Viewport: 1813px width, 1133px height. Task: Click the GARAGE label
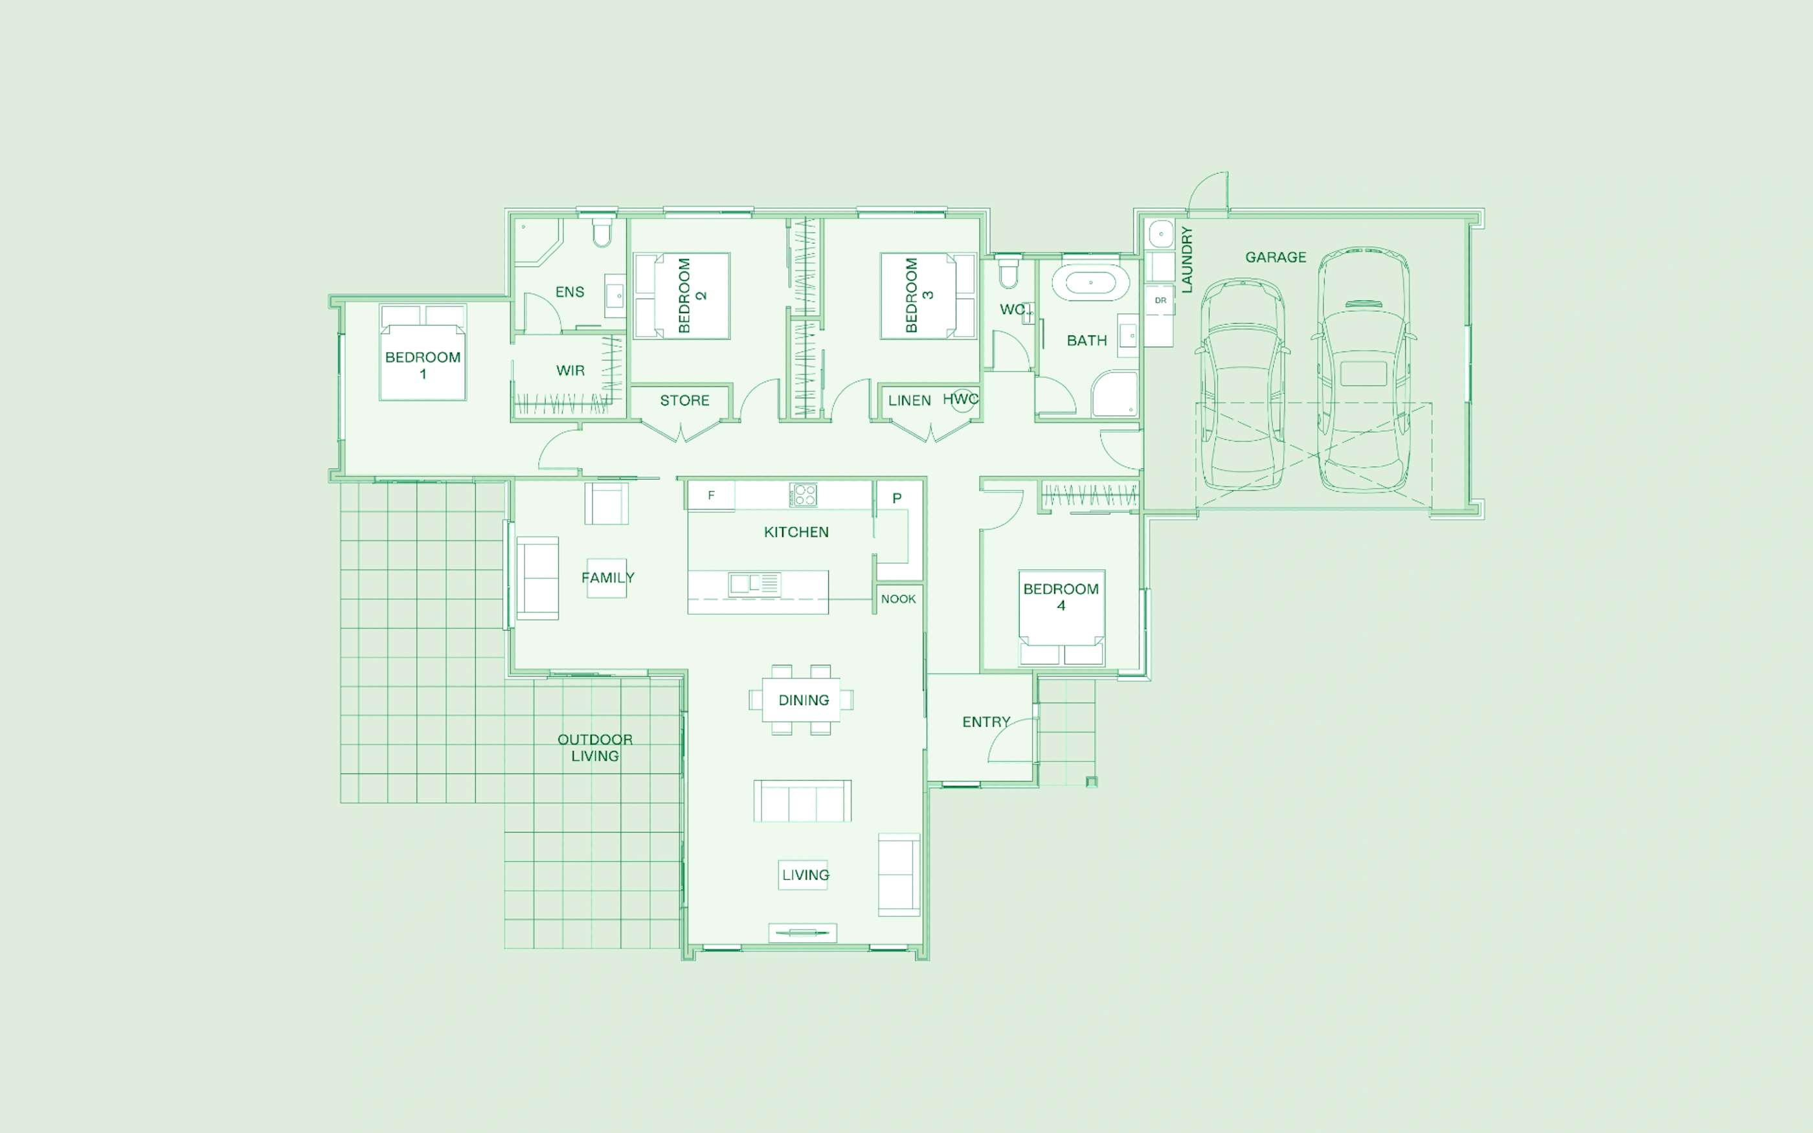(1275, 257)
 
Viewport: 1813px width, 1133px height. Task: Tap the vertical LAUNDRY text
(1186, 259)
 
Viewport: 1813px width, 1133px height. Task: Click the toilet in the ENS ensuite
(602, 232)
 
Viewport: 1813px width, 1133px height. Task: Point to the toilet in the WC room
(1008, 273)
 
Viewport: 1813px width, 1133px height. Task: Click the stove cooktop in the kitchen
(803, 495)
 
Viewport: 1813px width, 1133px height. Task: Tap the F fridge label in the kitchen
(711, 495)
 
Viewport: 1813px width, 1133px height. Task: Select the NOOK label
(898, 599)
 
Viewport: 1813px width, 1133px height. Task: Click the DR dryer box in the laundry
(1160, 300)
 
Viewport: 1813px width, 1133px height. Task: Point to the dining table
(801, 700)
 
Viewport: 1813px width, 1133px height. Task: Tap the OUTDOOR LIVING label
(595, 748)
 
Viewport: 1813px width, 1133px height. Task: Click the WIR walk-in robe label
(570, 370)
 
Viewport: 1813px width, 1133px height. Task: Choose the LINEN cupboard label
(910, 401)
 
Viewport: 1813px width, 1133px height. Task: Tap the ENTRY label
(986, 722)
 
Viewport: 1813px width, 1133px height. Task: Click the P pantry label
(897, 499)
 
